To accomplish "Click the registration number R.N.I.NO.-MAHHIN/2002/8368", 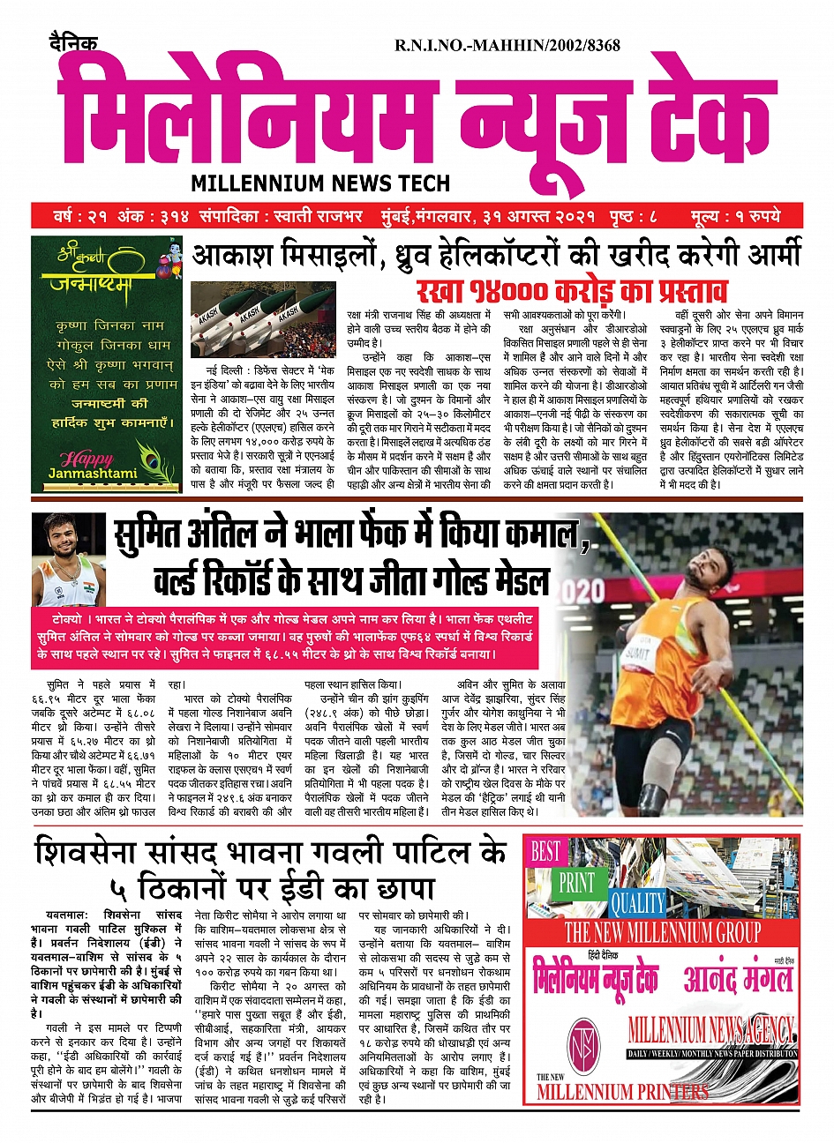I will pyautogui.click(x=507, y=45).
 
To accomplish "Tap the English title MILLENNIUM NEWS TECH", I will pyautogui.click(x=320, y=183).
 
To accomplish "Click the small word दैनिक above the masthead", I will pyautogui.click(x=73, y=41).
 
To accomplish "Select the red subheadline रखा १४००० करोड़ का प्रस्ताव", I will pyautogui.click(x=572, y=289).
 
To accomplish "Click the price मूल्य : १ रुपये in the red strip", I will pyautogui.click(x=738, y=216).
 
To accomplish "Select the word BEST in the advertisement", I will pyautogui.click(x=545, y=851).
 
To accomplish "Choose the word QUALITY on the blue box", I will pyautogui.click(x=637, y=902).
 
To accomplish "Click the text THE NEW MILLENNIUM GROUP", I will pyautogui.click(x=662, y=931).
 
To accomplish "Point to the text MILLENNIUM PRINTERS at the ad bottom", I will pyautogui.click(x=622, y=1092).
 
